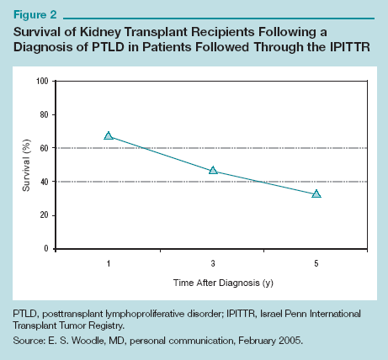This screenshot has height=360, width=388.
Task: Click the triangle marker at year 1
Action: coord(109,135)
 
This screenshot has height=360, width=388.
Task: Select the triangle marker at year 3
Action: coord(213,171)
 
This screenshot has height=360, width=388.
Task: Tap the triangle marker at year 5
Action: coord(316,193)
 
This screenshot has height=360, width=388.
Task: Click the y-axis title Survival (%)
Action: coord(26,164)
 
